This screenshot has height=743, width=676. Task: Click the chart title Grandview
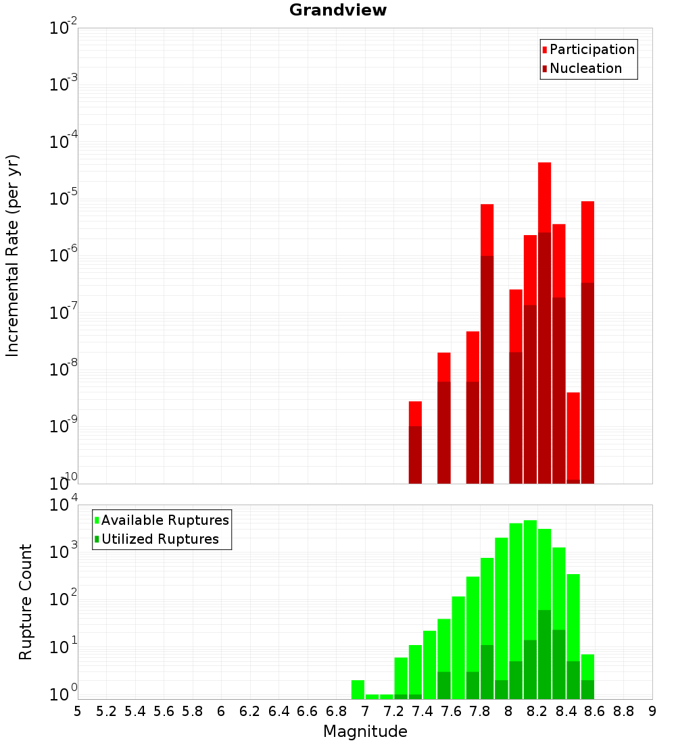coord(338,10)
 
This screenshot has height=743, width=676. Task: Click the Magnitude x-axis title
coord(365,732)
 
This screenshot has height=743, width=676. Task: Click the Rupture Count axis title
coord(26,602)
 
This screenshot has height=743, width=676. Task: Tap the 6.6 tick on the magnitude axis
coord(308,711)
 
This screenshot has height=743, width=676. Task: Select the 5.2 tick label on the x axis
coord(106,711)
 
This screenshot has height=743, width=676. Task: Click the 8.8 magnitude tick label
coord(623,711)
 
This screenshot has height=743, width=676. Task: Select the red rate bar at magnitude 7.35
coord(415,413)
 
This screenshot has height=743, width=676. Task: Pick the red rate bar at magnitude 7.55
coord(444,367)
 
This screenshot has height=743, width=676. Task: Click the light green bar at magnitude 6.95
coord(358,689)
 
